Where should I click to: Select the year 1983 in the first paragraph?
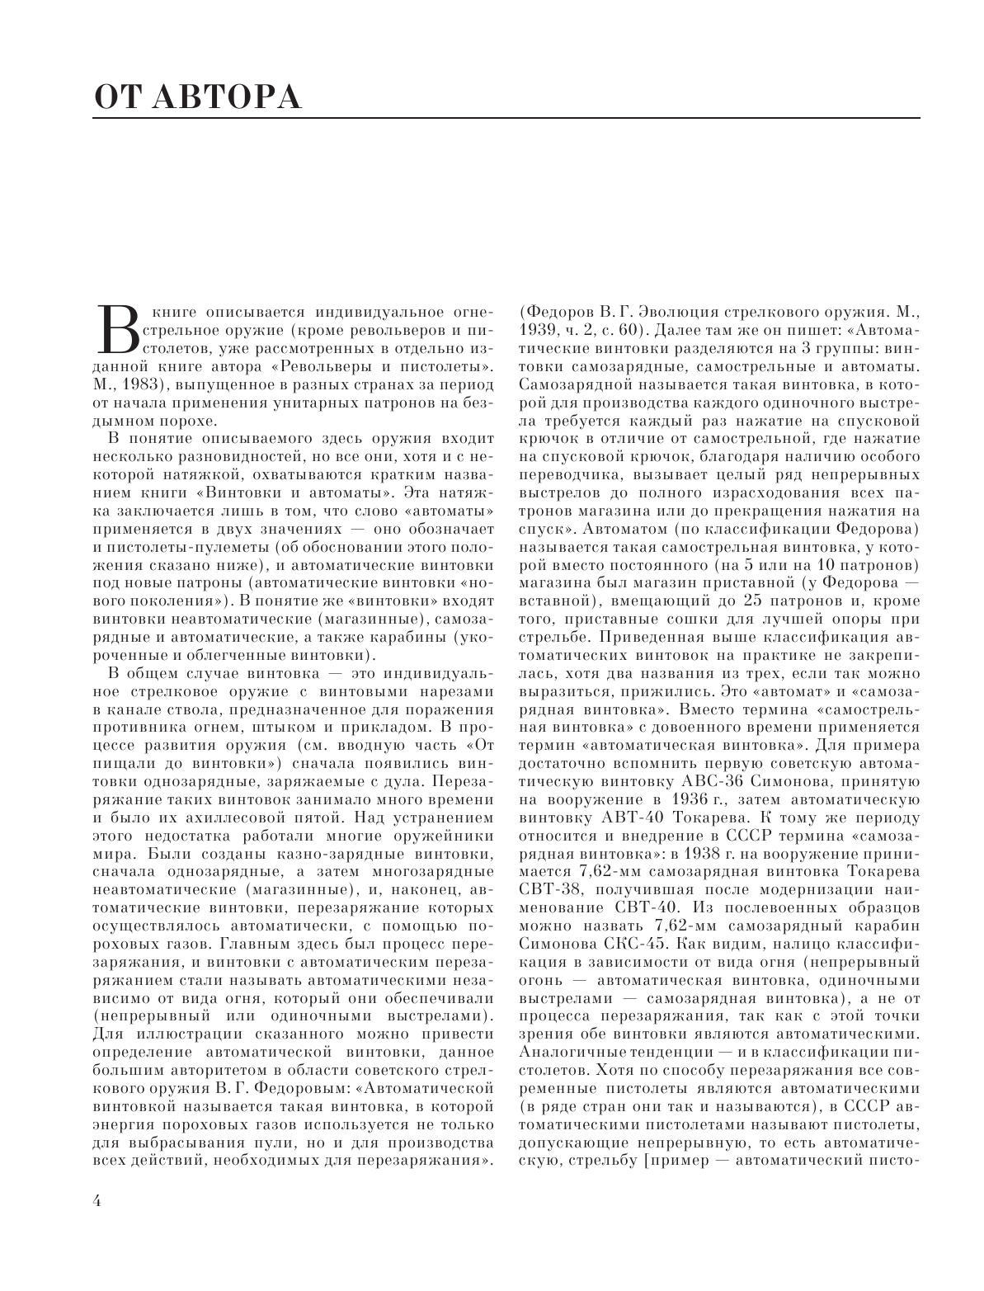tap(148, 384)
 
